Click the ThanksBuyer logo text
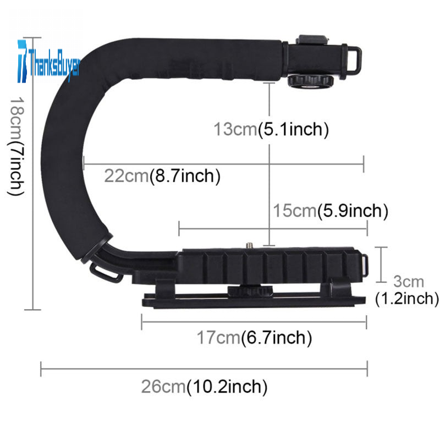pos(54,64)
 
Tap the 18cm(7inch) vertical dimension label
pos(16,146)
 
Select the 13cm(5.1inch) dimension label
pos(271,129)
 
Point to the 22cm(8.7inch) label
pos(162,176)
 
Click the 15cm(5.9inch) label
pos(331,211)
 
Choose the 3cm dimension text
pos(408,281)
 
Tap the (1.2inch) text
pos(407,298)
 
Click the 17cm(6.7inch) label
pos(254,337)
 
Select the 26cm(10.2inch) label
pos(204,387)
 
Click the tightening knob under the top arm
pos(310,81)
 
